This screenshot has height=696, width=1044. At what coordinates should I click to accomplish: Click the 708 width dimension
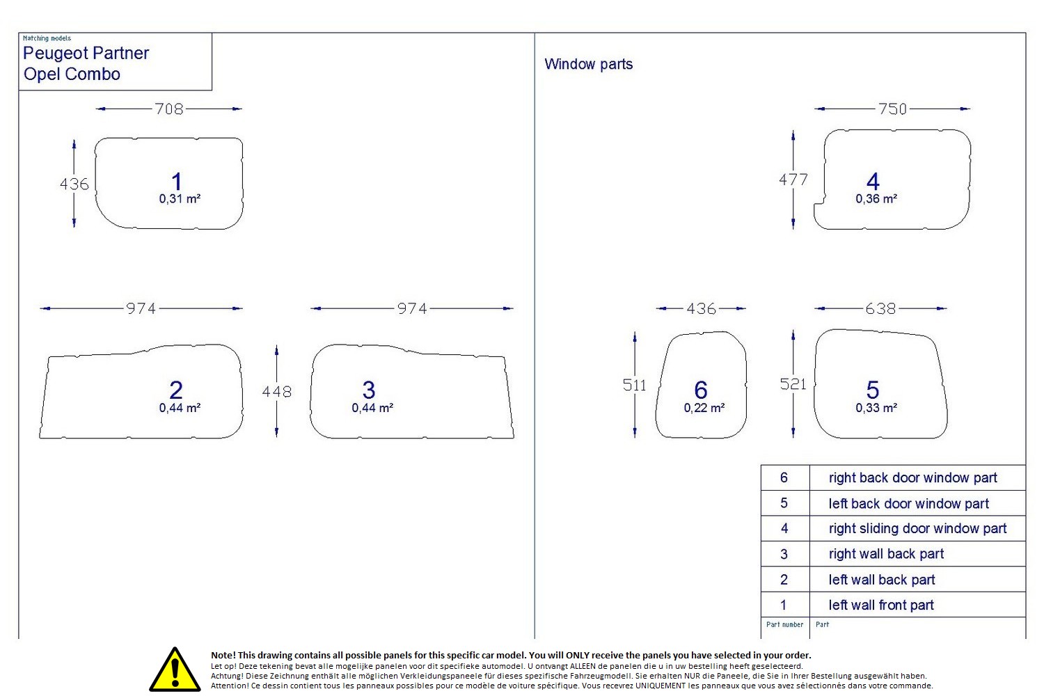(168, 109)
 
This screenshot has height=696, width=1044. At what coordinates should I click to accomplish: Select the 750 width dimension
(892, 109)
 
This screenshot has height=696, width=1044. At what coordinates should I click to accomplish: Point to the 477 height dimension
(793, 180)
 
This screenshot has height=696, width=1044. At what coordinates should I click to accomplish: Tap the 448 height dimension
(276, 392)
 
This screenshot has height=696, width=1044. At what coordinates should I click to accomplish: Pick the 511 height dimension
(634, 385)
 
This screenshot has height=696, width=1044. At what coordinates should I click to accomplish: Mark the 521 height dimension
(793, 384)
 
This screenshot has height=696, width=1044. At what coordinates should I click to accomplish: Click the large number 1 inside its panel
(176, 182)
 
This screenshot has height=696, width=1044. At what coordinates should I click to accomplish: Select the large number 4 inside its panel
(873, 182)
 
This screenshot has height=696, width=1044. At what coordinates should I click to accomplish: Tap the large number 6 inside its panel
(700, 390)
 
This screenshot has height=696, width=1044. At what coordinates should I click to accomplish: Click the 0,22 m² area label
(704, 408)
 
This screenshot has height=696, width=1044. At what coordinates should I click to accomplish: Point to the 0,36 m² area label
(876, 198)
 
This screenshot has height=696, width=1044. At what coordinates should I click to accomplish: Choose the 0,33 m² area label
(876, 408)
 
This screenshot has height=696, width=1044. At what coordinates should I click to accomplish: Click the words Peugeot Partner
(86, 53)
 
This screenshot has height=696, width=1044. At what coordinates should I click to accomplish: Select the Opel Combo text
(72, 74)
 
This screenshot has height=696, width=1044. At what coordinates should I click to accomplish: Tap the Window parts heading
(588, 64)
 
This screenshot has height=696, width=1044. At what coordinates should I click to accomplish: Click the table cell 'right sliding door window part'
(917, 529)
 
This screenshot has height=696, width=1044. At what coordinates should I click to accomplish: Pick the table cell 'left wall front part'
(881, 605)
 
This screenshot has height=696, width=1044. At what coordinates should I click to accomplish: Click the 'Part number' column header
(784, 625)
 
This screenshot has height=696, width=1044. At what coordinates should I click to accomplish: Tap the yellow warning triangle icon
(175, 670)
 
